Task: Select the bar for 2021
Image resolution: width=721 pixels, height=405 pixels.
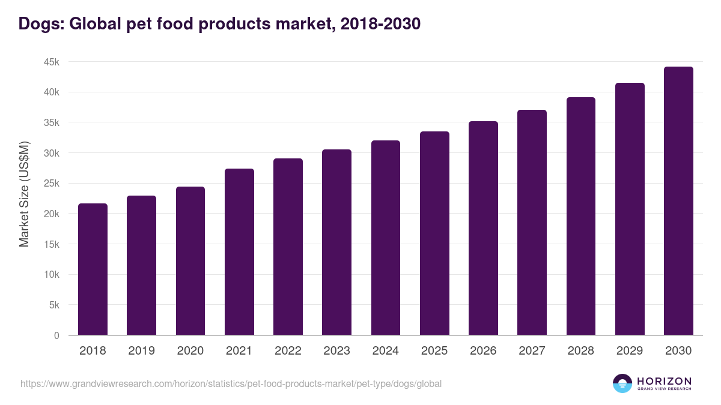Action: [239, 251]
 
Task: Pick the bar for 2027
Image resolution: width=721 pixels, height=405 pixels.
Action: [532, 222]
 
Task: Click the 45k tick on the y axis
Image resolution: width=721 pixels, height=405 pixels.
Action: [50, 62]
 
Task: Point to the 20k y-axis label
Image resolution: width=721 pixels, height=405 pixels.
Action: [50, 214]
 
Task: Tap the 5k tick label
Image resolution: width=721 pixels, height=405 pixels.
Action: [53, 305]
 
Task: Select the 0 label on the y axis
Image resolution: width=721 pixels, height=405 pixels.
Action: [56, 336]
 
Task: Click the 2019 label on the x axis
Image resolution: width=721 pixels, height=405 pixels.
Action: [141, 351]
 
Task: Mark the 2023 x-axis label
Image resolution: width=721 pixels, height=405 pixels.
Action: [336, 351]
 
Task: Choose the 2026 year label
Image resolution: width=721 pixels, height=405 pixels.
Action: [483, 351]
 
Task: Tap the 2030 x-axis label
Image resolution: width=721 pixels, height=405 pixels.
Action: [678, 351]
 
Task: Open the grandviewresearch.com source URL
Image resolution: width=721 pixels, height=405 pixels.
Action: [231, 383]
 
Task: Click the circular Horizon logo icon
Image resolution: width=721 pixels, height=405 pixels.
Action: [622, 383]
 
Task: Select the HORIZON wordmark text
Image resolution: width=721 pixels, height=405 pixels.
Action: [664, 381]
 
